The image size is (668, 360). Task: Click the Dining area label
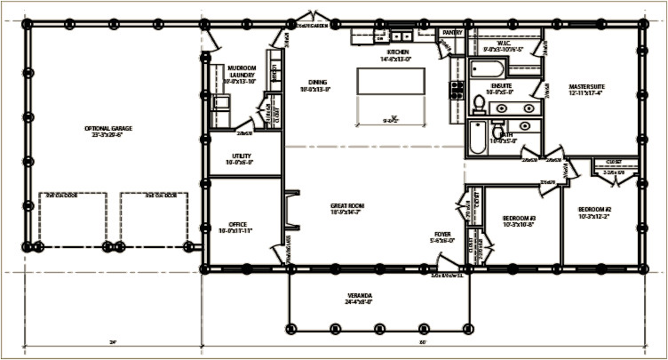pyautogui.click(x=314, y=85)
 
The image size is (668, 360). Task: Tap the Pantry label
pyautogui.click(x=452, y=32)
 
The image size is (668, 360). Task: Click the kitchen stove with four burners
pyautogui.click(x=457, y=89)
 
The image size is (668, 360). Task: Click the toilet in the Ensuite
pyautogui.click(x=477, y=105)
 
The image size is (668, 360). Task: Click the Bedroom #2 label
pyautogui.click(x=594, y=212)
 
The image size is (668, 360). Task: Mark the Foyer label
pyautogui.click(x=441, y=236)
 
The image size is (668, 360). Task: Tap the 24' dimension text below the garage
pyautogui.click(x=113, y=341)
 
